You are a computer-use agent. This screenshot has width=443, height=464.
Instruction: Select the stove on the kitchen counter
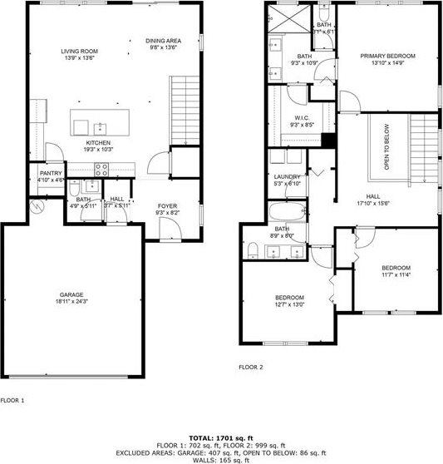[101, 167]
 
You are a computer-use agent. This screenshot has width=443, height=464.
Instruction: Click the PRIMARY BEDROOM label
[387, 56]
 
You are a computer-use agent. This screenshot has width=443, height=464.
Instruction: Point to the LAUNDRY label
[287, 177]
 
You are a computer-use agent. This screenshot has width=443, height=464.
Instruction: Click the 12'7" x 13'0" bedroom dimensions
[289, 304]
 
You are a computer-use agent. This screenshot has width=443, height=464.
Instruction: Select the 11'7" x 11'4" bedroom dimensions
[396, 274]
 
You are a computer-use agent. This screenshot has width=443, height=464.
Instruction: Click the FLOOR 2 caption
[250, 366]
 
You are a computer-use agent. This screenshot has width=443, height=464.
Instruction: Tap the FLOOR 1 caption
[12, 400]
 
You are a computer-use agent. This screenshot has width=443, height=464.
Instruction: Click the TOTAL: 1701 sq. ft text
[221, 437]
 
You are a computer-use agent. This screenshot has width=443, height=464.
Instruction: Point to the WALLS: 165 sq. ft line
[221, 459]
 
